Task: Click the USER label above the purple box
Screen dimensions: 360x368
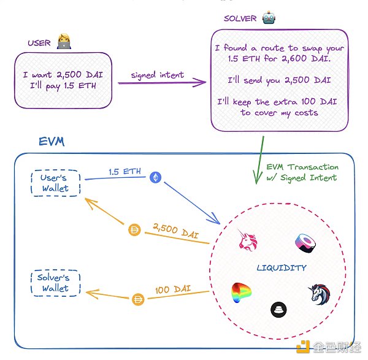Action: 40,43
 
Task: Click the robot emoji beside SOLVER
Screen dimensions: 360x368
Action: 268,18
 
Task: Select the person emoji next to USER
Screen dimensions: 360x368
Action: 64,42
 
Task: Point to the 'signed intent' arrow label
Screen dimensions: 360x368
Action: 157,75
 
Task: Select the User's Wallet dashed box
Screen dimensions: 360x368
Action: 55,182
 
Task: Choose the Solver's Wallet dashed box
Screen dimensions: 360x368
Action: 55,283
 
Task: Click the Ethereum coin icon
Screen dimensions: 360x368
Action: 155,177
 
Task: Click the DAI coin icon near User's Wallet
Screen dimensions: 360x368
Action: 134,231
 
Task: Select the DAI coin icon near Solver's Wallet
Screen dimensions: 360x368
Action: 138,299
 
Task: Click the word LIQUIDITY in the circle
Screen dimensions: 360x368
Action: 282,268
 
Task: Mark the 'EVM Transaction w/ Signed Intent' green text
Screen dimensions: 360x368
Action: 301,172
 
